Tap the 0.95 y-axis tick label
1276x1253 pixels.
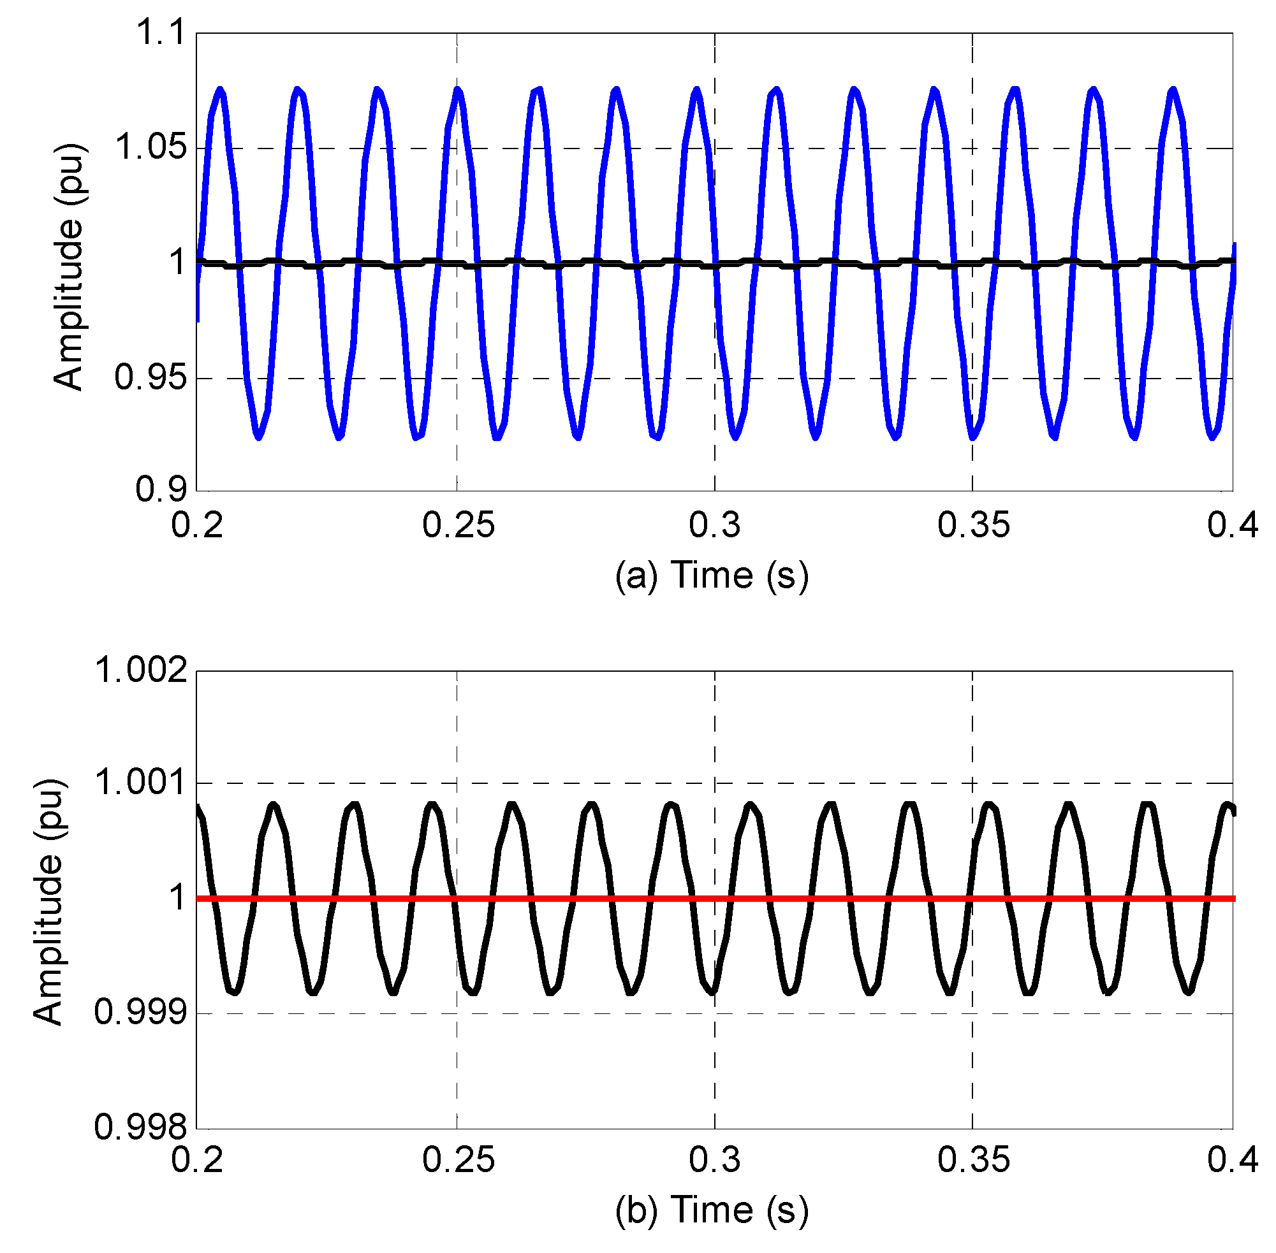pos(150,377)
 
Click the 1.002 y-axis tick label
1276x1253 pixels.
pos(141,670)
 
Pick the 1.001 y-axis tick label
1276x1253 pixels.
pos(141,783)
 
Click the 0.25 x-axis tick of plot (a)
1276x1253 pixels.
pos(458,525)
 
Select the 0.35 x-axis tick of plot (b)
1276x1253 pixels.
pos(973,1159)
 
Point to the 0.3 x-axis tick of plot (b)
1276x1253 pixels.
pos(714,1159)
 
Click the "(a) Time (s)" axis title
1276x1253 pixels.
pos(711,575)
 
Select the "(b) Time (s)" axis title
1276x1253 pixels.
pos(711,1210)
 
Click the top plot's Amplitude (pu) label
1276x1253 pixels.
pos(68,266)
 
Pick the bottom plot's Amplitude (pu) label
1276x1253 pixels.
pos(48,902)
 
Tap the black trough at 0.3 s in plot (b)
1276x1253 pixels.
pos(712,992)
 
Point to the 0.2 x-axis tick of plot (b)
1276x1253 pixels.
pos(197,1159)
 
